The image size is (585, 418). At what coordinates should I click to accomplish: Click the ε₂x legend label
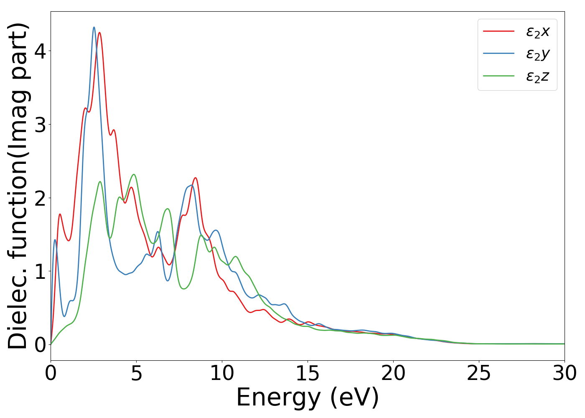coord(537,31)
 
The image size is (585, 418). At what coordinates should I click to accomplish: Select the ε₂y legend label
coord(537,54)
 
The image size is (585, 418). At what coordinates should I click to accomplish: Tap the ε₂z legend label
coord(537,76)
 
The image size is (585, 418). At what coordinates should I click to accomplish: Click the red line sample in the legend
coord(499,31)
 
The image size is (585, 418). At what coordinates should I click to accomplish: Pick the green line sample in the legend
coord(499,76)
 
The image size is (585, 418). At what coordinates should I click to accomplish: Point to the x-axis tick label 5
coord(136,373)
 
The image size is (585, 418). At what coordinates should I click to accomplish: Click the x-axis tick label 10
coord(222,373)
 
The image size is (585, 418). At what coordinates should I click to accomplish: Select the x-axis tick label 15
coord(308,373)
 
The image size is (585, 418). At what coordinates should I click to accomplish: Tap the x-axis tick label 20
coord(393,373)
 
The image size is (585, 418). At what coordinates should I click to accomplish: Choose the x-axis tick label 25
coord(479,373)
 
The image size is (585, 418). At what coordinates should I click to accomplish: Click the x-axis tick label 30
coord(565,373)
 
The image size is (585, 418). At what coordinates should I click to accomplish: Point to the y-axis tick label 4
coord(40,51)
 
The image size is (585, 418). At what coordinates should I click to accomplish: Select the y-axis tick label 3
coord(40,125)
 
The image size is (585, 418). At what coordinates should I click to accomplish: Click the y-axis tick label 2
coord(40,198)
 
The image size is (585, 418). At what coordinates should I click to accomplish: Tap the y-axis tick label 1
coord(40,271)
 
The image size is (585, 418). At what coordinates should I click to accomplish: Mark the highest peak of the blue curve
coord(94,27)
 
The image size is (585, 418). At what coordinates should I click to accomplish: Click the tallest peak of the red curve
coord(99,33)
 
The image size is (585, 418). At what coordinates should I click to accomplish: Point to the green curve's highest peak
coord(134,174)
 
